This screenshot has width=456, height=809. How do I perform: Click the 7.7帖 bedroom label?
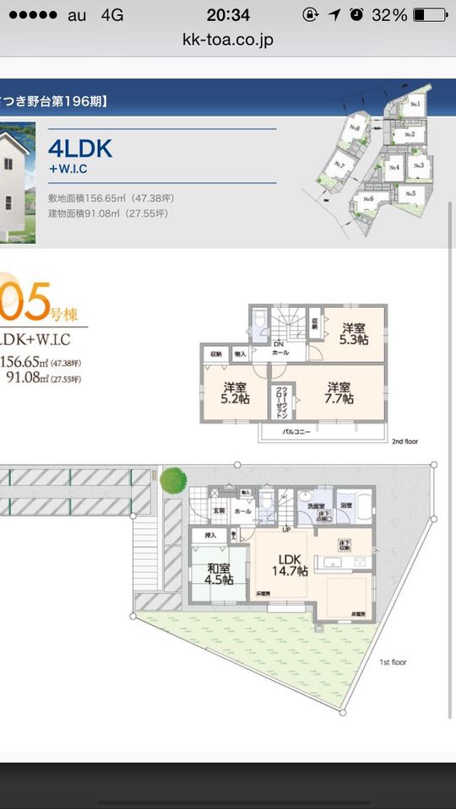(339, 393)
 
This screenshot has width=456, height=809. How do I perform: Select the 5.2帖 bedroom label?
(235, 393)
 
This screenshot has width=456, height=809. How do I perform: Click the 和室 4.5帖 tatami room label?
(220, 574)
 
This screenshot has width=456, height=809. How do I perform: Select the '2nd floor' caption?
(404, 441)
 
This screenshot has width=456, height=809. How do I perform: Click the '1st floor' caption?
(393, 662)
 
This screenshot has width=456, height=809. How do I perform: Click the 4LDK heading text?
(80, 148)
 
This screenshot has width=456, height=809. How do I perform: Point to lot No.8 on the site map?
(355, 128)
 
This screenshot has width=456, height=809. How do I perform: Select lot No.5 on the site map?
(410, 193)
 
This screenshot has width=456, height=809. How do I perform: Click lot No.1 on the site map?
(415, 104)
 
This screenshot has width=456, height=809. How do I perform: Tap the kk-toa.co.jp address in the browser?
(228, 40)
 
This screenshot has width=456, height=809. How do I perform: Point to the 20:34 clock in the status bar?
(228, 15)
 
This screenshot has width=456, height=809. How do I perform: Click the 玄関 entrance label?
(219, 511)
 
